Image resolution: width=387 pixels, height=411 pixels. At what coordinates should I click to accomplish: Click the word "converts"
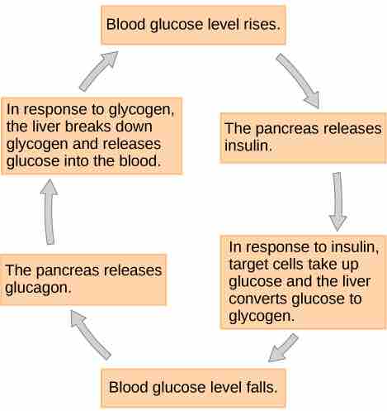pyautogui.click(x=257, y=299)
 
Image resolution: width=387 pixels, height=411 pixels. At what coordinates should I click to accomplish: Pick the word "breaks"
pyautogui.click(x=87, y=127)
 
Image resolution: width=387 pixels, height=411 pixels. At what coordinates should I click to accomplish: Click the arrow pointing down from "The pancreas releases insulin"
pyautogui.click(x=338, y=201)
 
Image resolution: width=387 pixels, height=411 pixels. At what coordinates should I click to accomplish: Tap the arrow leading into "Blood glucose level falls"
pyautogui.click(x=283, y=348)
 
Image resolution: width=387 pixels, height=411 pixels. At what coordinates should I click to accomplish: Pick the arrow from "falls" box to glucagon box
pyautogui.click(x=90, y=334)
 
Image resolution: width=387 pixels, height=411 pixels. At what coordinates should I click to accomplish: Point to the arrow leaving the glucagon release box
pyautogui.click(x=50, y=212)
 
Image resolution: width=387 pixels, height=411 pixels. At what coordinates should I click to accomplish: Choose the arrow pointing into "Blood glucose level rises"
pyautogui.click(x=98, y=71)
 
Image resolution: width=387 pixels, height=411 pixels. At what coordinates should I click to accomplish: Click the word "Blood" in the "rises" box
pyautogui.click(x=125, y=25)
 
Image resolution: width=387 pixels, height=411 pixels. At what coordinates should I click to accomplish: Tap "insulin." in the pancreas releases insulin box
pyautogui.click(x=248, y=146)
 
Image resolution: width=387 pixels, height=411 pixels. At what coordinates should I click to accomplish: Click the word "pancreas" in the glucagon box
pyautogui.click(x=68, y=271)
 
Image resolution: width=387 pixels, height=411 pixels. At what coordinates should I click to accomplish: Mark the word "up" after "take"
pyautogui.click(x=351, y=265)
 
